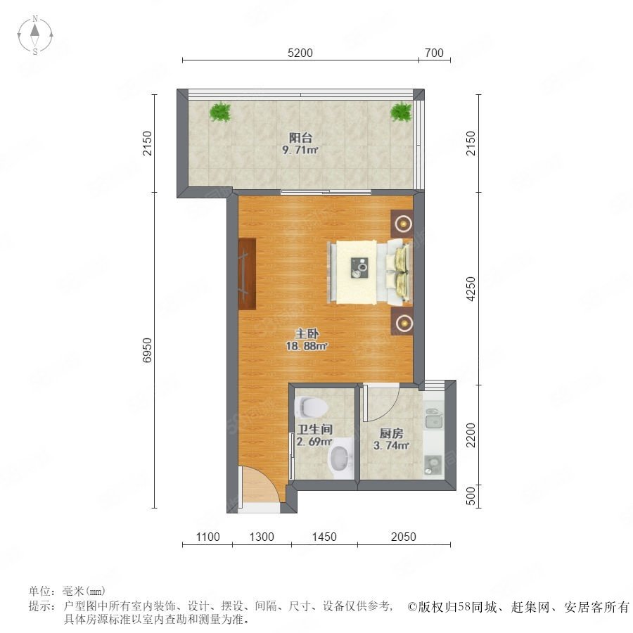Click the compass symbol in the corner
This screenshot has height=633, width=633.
35,35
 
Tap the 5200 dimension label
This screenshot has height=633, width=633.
300,53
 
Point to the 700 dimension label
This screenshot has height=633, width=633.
434,53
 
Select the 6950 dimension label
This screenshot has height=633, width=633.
148,350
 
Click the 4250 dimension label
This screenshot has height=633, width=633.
471,288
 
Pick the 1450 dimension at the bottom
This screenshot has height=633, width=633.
324,537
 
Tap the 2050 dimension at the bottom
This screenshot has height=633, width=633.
403,537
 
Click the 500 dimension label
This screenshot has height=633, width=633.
471,496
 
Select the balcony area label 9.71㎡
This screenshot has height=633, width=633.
300,151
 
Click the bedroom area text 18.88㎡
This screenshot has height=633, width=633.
307,346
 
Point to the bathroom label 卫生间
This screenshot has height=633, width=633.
315,429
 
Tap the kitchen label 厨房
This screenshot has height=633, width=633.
391,433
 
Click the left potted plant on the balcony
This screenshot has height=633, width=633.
220,112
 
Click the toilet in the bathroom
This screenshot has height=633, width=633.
312,407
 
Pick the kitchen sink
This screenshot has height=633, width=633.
433,418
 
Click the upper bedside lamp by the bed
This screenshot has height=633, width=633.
402,224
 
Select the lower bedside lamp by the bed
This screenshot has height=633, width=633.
402,321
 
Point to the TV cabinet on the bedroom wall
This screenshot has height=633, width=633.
247,274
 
